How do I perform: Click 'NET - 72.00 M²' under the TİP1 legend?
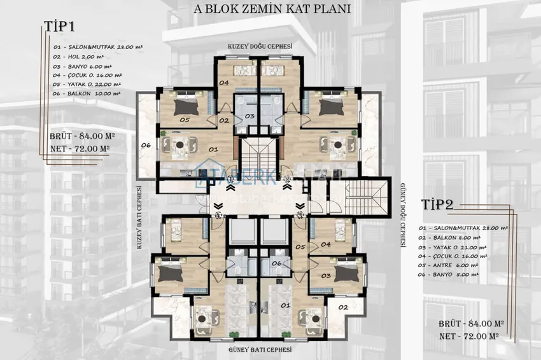tap(80, 148)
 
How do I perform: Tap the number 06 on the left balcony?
tap(146, 146)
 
